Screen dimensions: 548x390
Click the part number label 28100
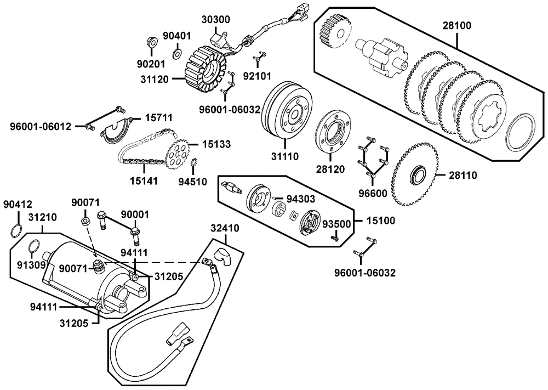457,26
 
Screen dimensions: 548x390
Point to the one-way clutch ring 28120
333,131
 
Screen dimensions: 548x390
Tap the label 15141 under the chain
144,181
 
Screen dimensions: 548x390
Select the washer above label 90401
177,54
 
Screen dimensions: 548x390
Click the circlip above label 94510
195,163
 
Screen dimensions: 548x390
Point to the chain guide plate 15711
117,131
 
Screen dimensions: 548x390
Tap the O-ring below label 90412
16,230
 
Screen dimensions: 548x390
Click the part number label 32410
225,228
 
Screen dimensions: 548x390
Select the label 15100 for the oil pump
381,221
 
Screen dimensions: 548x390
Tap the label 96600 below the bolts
373,193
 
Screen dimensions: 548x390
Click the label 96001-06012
40,126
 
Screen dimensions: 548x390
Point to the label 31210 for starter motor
42,217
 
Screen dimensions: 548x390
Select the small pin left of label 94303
276,199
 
